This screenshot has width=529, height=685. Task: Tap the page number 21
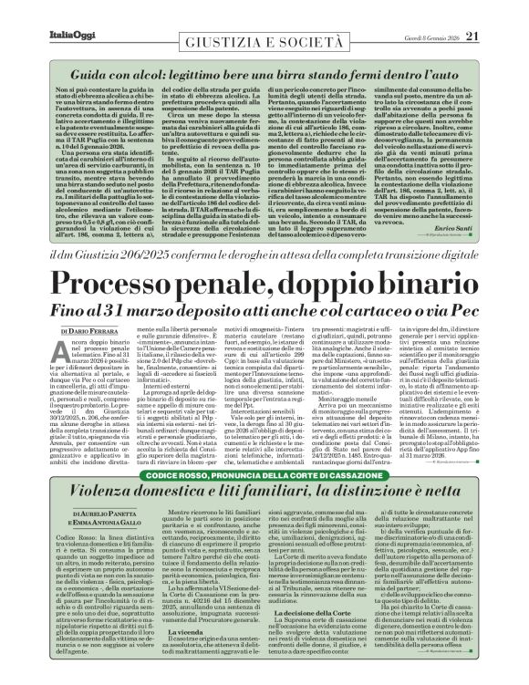pyautogui.click(x=497, y=11)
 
